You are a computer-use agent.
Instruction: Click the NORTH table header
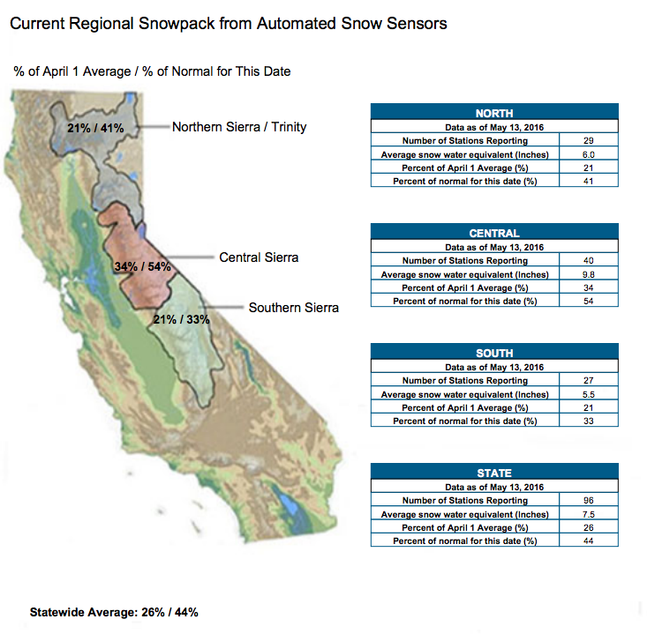click(494, 114)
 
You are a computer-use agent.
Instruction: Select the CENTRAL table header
click(494, 234)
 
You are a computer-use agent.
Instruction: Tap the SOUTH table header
click(494, 354)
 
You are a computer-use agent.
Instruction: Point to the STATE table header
click(494, 474)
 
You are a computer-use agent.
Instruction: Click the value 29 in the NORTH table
click(589, 140)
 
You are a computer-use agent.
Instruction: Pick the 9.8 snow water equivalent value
click(589, 274)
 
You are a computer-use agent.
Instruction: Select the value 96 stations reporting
click(589, 501)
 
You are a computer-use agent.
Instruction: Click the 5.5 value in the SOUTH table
click(589, 394)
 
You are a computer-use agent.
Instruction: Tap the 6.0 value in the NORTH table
click(589, 154)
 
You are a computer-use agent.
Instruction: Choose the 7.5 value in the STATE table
click(589, 514)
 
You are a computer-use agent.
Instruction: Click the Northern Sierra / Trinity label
click(239, 127)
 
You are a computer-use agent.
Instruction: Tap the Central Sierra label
click(259, 257)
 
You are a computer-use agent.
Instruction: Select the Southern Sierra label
click(294, 308)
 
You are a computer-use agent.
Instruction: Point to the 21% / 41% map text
click(95, 128)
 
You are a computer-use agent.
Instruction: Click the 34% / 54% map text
click(143, 266)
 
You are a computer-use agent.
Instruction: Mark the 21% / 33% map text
click(182, 319)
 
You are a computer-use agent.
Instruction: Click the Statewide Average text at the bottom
click(114, 612)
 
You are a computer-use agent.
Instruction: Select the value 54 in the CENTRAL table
click(589, 301)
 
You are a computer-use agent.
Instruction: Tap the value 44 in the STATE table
click(589, 541)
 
